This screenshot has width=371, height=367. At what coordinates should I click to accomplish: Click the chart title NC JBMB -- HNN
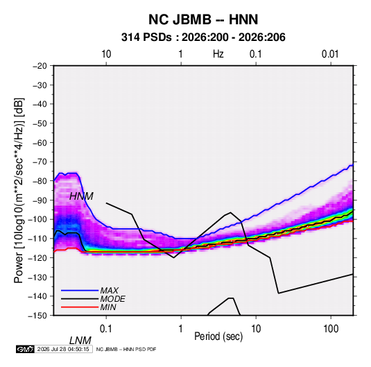(203, 19)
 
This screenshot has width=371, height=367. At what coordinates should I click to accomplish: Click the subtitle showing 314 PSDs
(203, 37)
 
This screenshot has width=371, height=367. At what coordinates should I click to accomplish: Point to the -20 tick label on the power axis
(40, 66)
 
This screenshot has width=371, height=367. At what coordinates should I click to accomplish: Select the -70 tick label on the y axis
(40, 162)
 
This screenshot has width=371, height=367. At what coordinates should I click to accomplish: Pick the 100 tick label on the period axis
(331, 329)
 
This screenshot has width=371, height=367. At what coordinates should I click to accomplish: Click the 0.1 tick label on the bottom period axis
(105, 329)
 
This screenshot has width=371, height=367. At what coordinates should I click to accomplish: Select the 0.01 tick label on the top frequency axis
(330, 54)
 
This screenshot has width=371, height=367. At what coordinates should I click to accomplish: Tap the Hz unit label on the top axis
(218, 54)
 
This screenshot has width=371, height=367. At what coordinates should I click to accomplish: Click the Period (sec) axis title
(218, 336)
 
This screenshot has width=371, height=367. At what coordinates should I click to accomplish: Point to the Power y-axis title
(19, 190)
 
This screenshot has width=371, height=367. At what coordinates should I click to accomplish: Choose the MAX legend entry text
(109, 290)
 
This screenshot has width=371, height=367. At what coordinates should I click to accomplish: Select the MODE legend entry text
(112, 299)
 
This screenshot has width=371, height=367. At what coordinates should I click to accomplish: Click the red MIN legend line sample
(80, 307)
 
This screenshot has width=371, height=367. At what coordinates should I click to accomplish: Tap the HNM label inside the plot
(81, 196)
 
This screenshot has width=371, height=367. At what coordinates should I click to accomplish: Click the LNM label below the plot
(80, 341)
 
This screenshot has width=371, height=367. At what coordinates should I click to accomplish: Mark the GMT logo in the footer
(25, 349)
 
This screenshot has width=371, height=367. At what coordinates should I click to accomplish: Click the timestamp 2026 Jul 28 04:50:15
(63, 349)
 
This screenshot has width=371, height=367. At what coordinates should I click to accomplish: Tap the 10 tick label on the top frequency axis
(106, 54)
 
